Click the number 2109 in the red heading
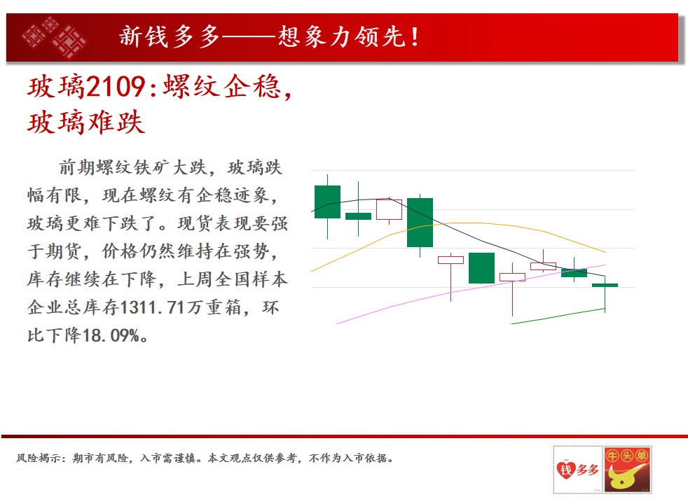coord(116,86)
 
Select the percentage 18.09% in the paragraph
coord(111,336)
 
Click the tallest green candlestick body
coord(420,222)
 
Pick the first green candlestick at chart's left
coord(327,202)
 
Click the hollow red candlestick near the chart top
coord(389,209)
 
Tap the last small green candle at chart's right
coord(605,286)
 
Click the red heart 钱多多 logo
coord(577,470)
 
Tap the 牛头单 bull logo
coord(627,470)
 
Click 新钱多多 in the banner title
coord(170,36)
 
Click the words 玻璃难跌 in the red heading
coord(86,122)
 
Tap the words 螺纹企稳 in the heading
coord(221,86)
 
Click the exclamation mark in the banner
coord(414,36)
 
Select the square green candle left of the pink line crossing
coord(481,268)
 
